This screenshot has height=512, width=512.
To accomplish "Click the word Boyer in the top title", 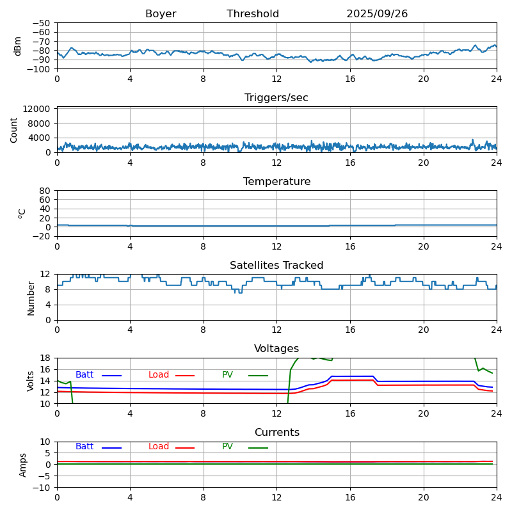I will [x=161, y=14].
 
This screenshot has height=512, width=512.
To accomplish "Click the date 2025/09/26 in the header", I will [x=377, y=14].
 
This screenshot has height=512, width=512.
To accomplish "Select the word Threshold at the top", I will [x=253, y=14].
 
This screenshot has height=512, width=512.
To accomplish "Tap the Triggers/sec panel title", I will [x=276, y=98].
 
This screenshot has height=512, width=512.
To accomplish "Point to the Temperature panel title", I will [x=276, y=182].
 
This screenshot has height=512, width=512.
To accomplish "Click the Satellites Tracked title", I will [x=276, y=266].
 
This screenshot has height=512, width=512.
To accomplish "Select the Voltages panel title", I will [x=276, y=349].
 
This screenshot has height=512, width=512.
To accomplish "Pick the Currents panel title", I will [x=276, y=433].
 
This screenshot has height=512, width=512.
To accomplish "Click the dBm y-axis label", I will [x=18, y=46].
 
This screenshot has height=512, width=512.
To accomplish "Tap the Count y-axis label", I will [x=14, y=129].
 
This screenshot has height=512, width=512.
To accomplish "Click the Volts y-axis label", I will [x=31, y=381].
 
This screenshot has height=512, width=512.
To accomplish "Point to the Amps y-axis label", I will [x=23, y=465].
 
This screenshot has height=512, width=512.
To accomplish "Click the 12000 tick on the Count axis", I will [x=38, y=109].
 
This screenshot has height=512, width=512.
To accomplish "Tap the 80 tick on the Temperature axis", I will [x=45, y=191].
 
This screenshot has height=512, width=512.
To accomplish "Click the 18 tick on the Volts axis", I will [x=45, y=358].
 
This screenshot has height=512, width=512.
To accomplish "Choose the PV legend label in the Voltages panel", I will [x=227, y=375].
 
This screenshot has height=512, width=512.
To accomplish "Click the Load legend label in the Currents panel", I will [x=159, y=447].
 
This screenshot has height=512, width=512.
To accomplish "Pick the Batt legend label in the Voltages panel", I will [x=84, y=375].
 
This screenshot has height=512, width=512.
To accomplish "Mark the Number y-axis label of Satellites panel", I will [x=31, y=298].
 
